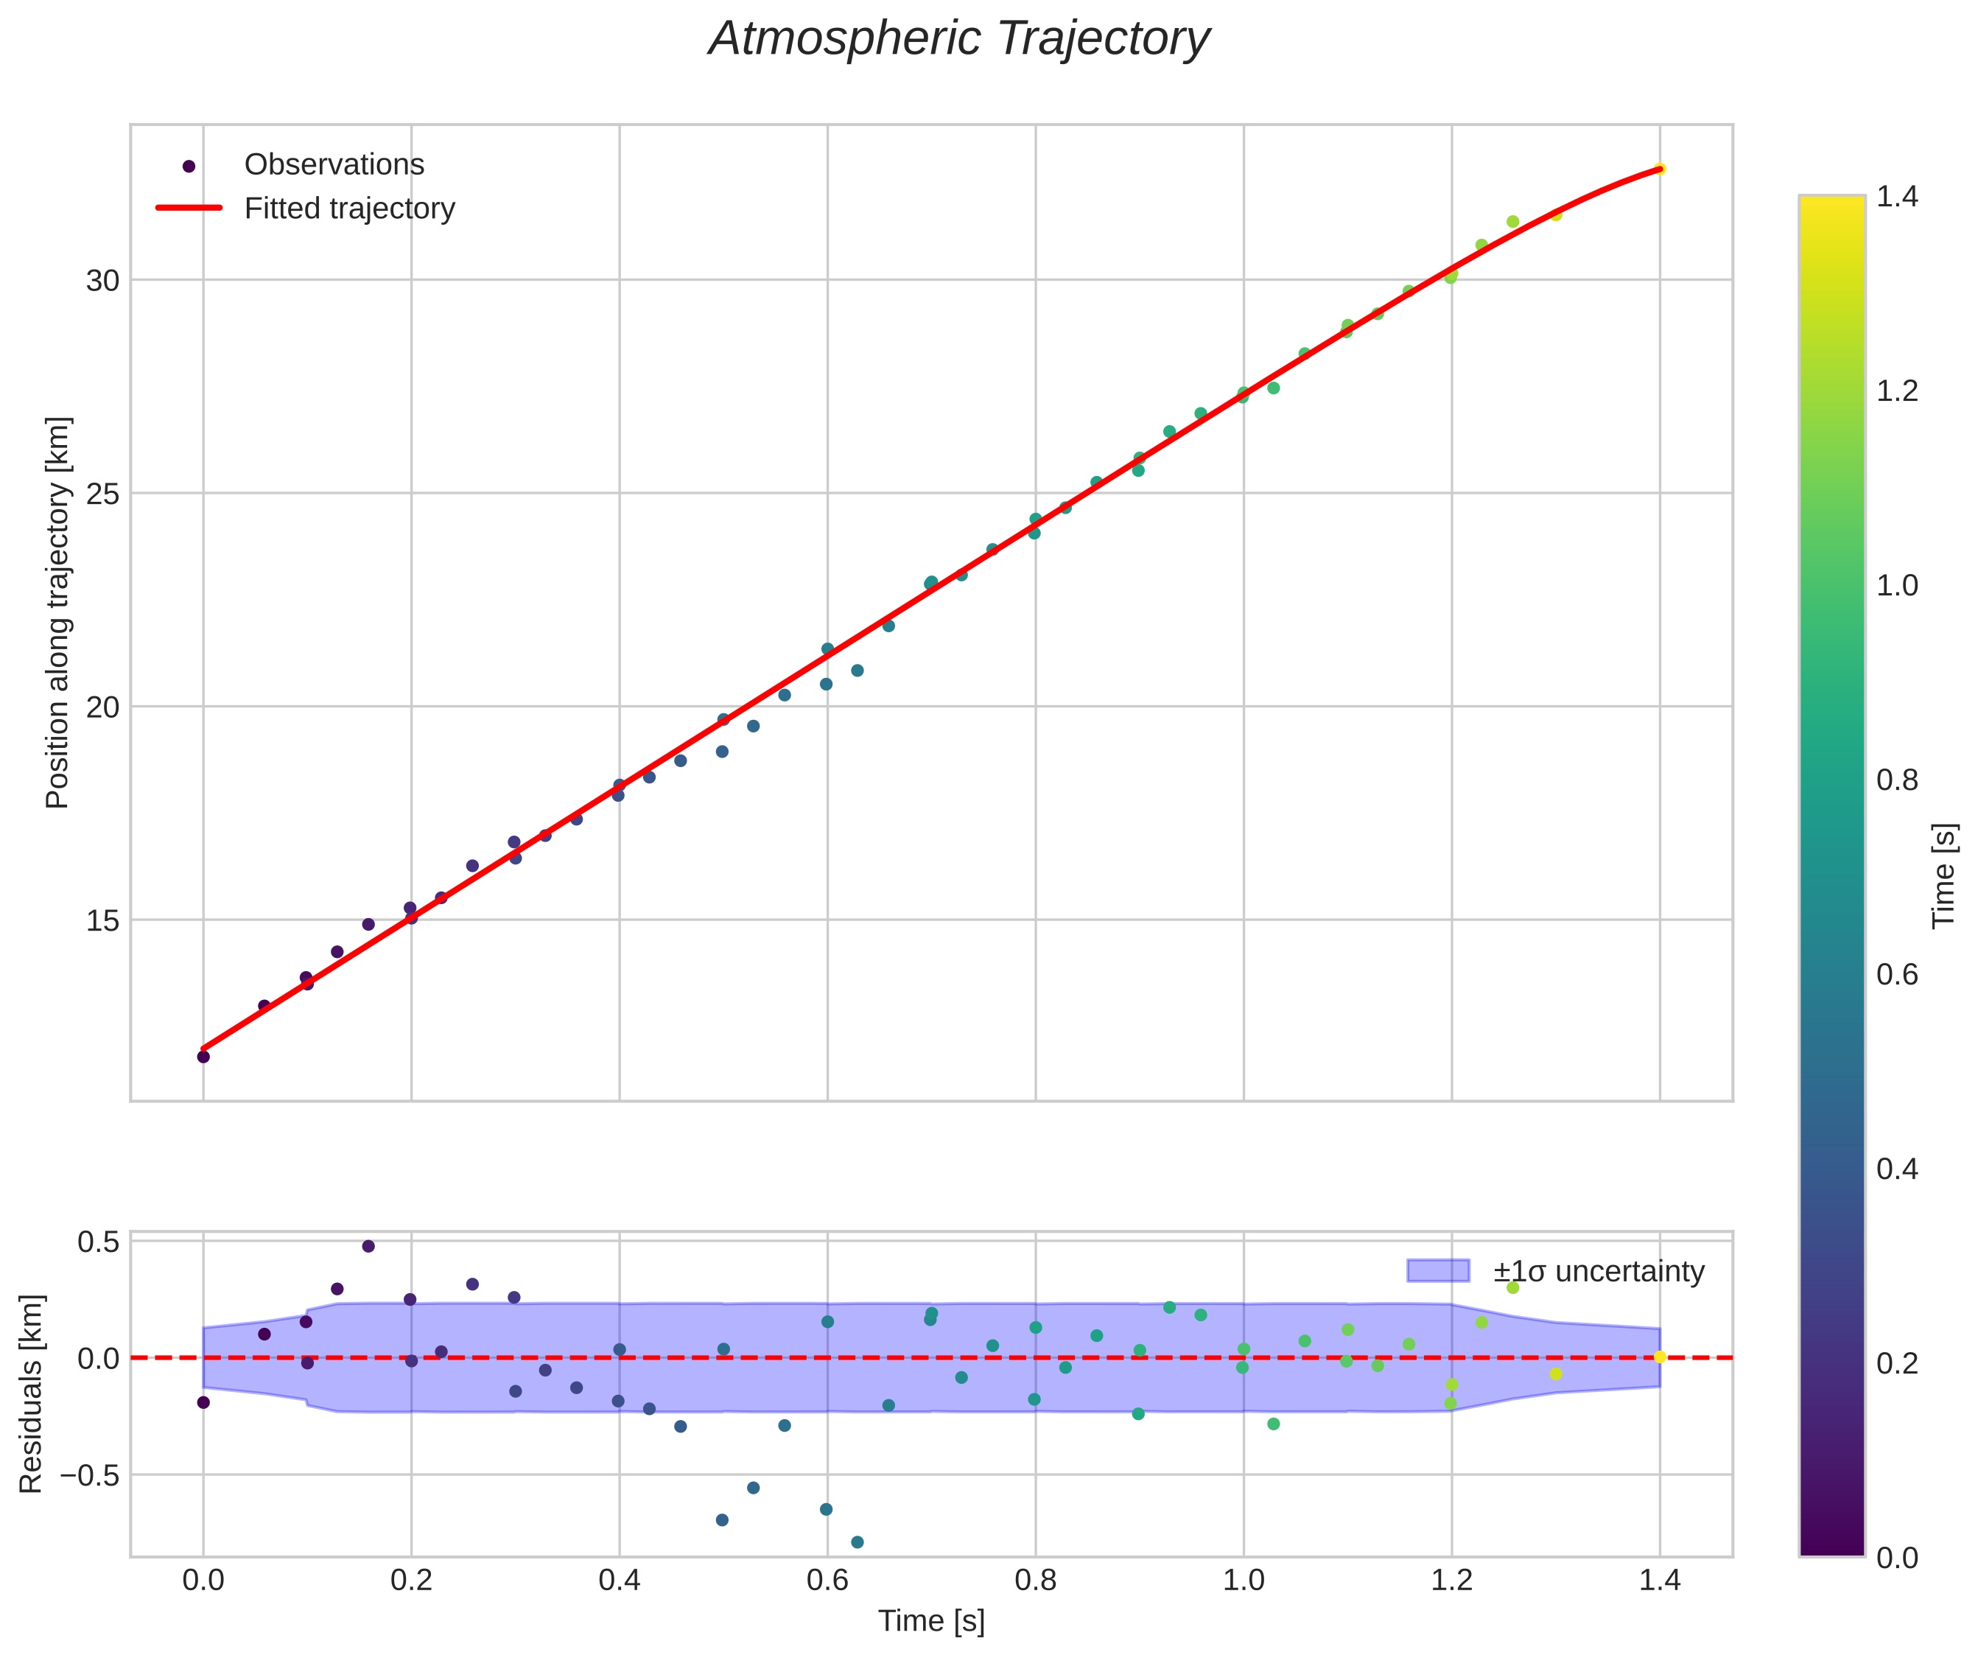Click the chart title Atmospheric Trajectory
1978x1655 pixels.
pyautogui.click(x=959, y=40)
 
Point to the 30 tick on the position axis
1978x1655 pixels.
pyautogui.click(x=102, y=281)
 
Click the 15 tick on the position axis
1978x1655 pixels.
pyautogui.click(x=102, y=920)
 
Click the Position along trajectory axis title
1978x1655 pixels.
pyautogui.click(x=57, y=612)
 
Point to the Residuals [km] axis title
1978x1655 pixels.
pyautogui.click(x=31, y=1394)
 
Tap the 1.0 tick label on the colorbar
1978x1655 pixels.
pyautogui.click(x=1897, y=586)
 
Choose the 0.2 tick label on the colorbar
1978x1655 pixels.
pyautogui.click(x=1897, y=1363)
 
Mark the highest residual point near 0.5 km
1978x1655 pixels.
pyautogui.click(x=368, y=1246)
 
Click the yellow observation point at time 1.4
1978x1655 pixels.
pyautogui.click(x=1660, y=169)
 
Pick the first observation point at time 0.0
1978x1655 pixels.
pyautogui.click(x=203, y=1057)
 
